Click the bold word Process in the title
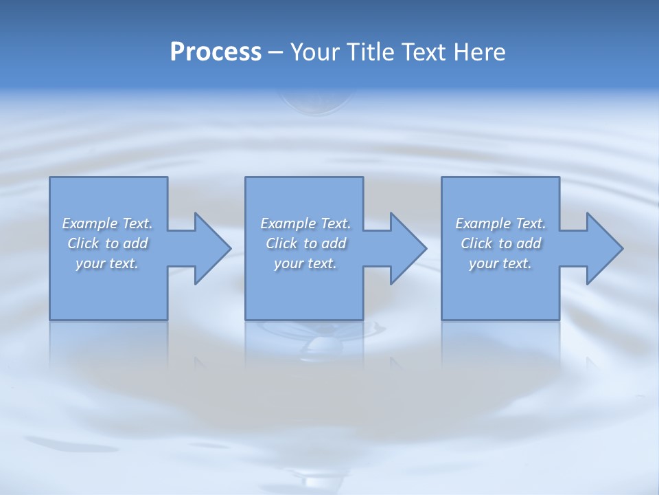click(216, 52)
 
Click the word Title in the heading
click(368, 52)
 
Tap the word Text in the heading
click(424, 52)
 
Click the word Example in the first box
click(90, 223)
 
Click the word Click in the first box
click(83, 243)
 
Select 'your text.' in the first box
click(107, 263)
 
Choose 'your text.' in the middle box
click(305, 263)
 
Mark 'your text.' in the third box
click(500, 263)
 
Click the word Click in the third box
click(476, 243)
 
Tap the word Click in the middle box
click(281, 243)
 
